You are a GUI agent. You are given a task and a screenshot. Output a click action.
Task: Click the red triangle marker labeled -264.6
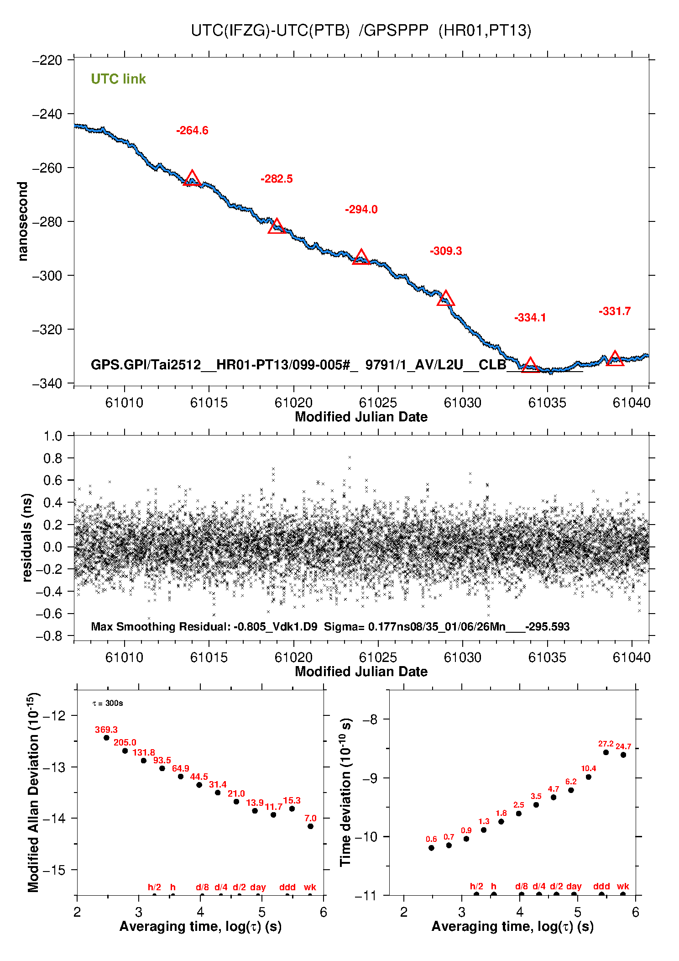[x=192, y=179]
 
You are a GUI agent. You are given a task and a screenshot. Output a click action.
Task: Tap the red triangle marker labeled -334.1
[x=530, y=366]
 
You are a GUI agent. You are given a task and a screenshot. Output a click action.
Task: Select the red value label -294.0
[x=361, y=210]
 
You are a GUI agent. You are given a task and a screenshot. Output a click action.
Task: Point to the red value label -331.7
[x=615, y=311]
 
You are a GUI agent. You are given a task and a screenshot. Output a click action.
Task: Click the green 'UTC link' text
[x=118, y=79]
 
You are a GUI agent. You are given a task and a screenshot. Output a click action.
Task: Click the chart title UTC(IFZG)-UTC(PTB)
[x=270, y=31]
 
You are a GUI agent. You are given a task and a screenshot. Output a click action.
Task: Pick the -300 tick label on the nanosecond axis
[x=47, y=276]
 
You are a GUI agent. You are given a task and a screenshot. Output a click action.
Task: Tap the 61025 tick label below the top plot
[x=378, y=403]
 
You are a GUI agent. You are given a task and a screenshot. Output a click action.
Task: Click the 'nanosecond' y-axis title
[x=23, y=221]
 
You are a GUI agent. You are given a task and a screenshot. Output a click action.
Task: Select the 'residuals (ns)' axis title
[x=27, y=537]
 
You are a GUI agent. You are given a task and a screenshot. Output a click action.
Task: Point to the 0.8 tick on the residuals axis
[x=52, y=458]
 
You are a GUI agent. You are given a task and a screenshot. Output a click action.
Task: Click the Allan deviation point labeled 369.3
[x=106, y=737]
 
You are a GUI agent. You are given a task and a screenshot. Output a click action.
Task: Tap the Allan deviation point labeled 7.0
[x=310, y=826]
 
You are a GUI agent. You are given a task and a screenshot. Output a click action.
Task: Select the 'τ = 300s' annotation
[x=108, y=703]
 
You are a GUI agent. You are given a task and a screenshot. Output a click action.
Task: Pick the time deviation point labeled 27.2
[x=606, y=752]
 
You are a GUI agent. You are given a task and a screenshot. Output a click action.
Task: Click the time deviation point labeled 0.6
[x=431, y=848]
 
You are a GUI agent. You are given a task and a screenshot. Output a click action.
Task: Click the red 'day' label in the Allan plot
[x=258, y=887]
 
